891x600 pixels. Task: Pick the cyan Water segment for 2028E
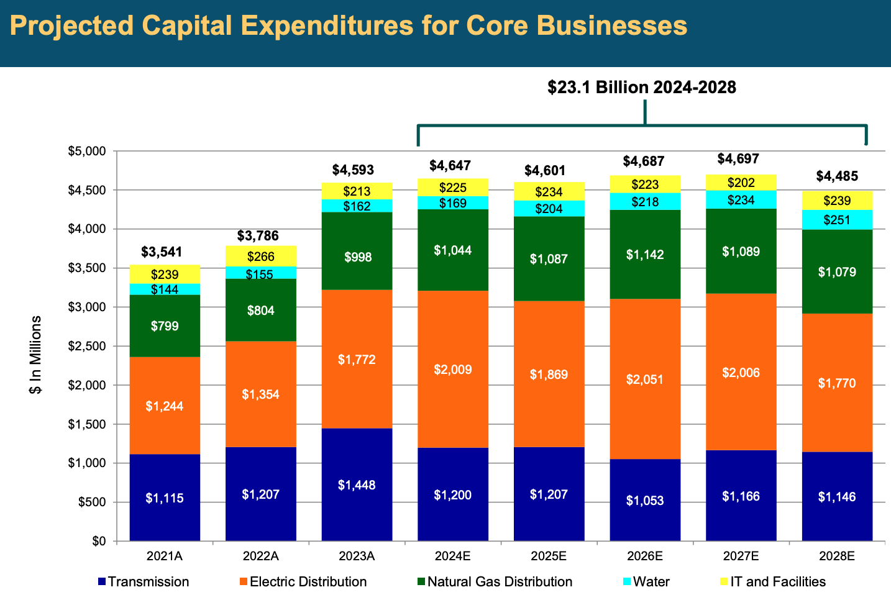pos(837,220)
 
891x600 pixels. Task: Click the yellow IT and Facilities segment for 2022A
pos(260,256)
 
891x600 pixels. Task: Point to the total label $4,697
pos(738,159)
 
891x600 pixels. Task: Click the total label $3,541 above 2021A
pos(162,252)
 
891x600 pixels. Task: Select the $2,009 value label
pos(452,370)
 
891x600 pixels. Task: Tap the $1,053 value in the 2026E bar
pos(644,501)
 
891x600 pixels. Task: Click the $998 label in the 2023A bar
pos(357,257)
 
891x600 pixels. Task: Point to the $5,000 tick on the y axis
pos(88,151)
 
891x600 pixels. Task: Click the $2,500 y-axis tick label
pos(88,346)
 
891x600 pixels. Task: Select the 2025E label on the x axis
pos(548,556)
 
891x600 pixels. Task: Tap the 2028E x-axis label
pos(836,556)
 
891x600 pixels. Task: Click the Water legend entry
pos(651,582)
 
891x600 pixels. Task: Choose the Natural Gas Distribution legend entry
pos(499,582)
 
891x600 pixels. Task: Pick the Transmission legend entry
pos(148,582)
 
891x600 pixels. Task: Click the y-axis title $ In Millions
pos(36,355)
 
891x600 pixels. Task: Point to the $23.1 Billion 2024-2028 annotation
pos(641,87)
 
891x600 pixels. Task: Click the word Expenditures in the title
pos(327,26)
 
